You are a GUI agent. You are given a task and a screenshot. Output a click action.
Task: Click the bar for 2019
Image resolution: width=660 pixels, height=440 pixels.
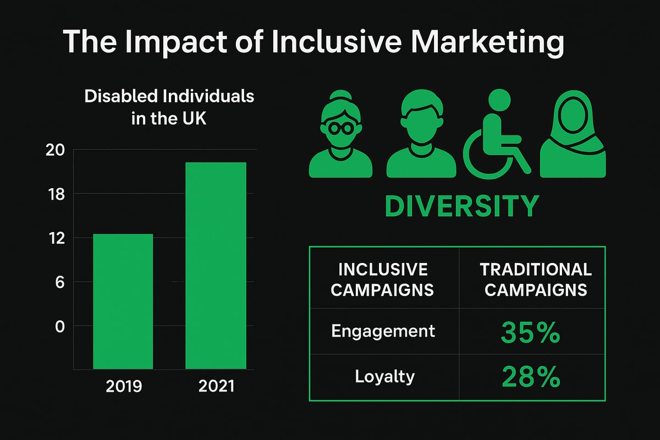[x=123, y=301]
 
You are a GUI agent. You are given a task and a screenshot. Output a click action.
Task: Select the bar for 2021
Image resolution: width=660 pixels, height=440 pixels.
[x=216, y=265]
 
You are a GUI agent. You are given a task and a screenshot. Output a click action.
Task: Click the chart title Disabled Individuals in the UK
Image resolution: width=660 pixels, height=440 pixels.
[x=169, y=107]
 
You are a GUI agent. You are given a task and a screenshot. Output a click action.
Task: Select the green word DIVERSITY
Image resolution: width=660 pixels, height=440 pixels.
[x=461, y=206]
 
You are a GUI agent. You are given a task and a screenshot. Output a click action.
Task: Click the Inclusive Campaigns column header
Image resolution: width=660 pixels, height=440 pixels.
[x=383, y=279]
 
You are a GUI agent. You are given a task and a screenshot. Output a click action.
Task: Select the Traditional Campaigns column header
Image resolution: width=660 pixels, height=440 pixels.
[x=535, y=279]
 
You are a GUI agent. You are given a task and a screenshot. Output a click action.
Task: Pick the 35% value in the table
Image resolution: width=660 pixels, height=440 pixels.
[x=531, y=333]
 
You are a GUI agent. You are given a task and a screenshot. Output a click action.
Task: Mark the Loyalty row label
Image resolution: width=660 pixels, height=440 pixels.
[x=384, y=377]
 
